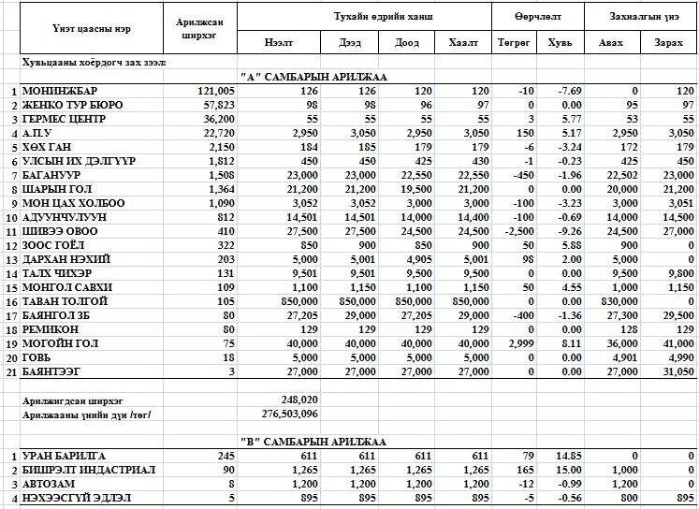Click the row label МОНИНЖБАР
57,91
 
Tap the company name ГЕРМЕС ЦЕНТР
64,119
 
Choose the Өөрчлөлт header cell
537,17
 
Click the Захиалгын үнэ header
641,17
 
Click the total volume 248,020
299,400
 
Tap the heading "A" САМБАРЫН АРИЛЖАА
313,76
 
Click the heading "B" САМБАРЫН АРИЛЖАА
313,441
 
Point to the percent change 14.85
566,455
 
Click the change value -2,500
516,231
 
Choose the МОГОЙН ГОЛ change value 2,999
517,343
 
